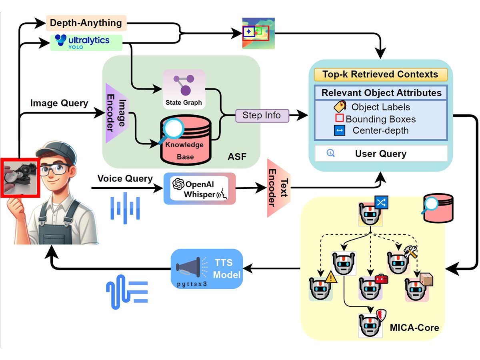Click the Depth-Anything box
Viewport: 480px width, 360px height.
pyautogui.click(x=86, y=23)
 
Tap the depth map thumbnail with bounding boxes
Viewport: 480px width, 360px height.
pyautogui.click(x=258, y=33)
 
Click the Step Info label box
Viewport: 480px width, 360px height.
pyautogui.click(x=262, y=116)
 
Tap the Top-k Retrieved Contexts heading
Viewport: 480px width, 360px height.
pyautogui.click(x=380, y=74)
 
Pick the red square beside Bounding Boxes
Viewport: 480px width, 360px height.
pyautogui.click(x=339, y=118)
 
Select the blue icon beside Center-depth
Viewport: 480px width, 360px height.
pyautogui.click(x=339, y=130)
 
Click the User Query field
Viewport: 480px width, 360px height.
pyautogui.click(x=380, y=154)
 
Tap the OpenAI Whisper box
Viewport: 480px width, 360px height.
pyautogui.click(x=200, y=189)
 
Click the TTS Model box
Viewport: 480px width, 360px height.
pyautogui.click(x=207, y=269)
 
